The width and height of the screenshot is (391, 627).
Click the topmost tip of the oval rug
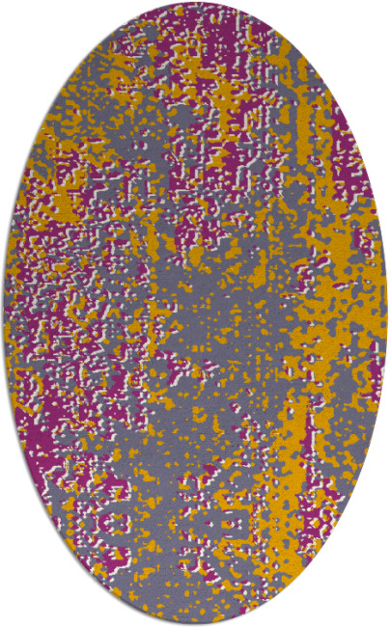pyautogui.click(x=195, y=3)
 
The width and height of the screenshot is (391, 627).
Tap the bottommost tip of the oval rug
pyautogui.click(x=195, y=624)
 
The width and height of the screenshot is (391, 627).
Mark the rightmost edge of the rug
pyautogui.click(x=387, y=313)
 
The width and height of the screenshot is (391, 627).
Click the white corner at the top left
pyautogui.click(x=14, y=14)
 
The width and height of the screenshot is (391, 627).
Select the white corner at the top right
pyautogui.click(x=377, y=14)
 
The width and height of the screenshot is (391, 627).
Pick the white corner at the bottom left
pyautogui.click(x=14, y=613)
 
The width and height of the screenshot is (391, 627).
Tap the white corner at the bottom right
pyautogui.click(x=377, y=613)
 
